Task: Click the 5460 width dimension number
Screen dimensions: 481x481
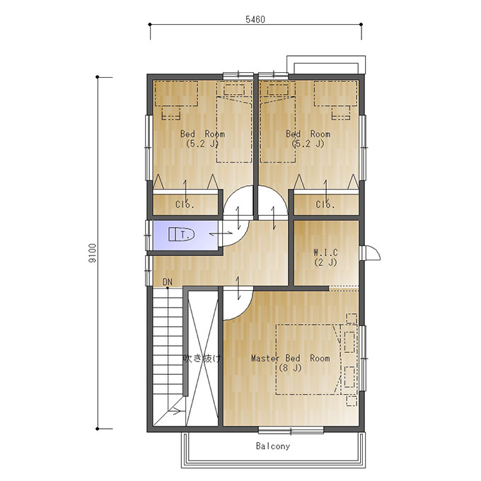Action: point(255,19)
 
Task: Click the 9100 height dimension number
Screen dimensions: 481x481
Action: point(92,253)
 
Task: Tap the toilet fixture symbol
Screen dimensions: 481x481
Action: point(181,234)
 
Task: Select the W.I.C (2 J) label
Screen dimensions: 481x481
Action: point(325,257)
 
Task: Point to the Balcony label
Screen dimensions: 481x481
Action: point(273,446)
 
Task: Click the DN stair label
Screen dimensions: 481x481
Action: point(168,282)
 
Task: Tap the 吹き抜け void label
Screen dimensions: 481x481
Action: point(202,358)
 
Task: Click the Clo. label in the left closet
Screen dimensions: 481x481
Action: point(185,204)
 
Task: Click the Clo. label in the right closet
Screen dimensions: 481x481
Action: point(325,204)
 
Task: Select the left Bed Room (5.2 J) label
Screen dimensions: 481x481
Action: point(202,139)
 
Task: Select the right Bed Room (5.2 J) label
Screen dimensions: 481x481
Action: point(308,139)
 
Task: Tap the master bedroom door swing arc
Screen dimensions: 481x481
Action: point(245,311)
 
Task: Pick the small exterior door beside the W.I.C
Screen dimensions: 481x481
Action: point(370,253)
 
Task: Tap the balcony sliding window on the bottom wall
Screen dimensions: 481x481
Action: point(291,430)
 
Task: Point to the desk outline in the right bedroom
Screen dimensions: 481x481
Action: point(335,93)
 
